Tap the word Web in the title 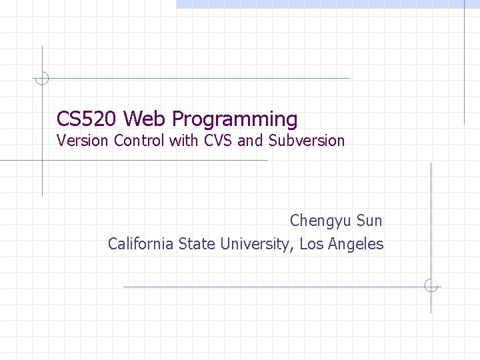tap(145, 119)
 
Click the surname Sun tap(369, 221)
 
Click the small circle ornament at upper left tap(42, 79)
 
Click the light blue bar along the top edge tap(327, 4)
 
